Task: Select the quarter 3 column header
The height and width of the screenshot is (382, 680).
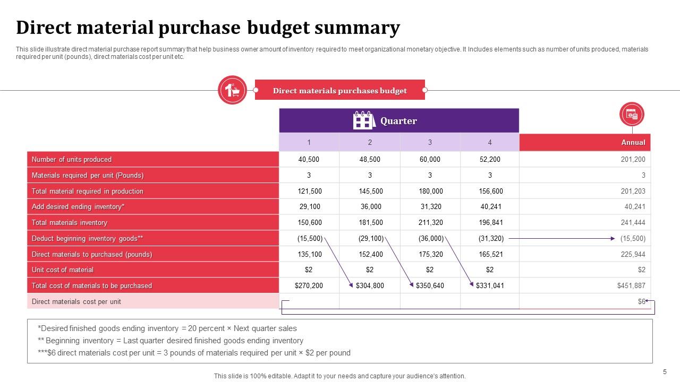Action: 430,142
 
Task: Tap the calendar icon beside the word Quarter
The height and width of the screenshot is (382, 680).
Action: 364,121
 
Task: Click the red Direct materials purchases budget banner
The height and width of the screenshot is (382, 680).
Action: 340,90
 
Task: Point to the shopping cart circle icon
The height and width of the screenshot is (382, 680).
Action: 233,90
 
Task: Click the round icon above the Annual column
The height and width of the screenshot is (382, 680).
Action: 632,114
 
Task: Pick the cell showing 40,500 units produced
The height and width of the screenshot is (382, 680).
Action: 309,159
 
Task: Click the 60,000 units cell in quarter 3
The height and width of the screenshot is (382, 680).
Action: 430,159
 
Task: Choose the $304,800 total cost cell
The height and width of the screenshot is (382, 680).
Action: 370,285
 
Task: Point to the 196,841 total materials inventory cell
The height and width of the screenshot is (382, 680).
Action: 490,222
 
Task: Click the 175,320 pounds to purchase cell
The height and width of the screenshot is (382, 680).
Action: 430,254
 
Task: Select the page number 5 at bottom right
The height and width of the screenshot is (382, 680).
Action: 665,372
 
